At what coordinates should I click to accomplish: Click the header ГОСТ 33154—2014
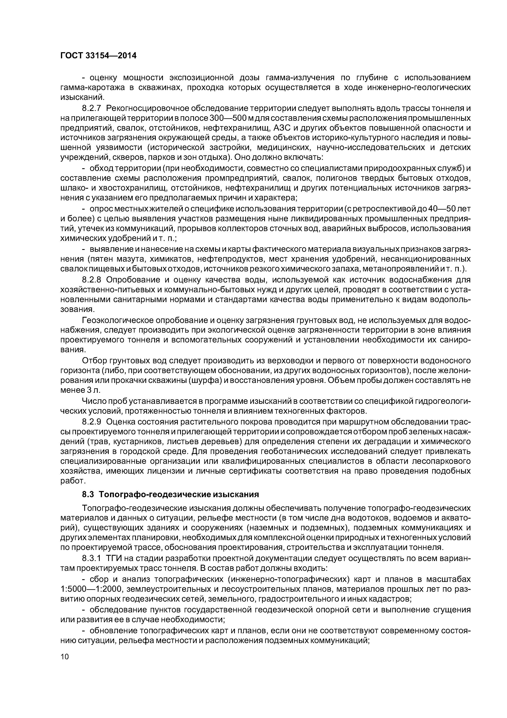(98, 56)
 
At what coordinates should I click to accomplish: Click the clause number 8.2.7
(92, 108)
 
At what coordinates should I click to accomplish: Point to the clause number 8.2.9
(92, 422)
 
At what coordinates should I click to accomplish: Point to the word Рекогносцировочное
(148, 108)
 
